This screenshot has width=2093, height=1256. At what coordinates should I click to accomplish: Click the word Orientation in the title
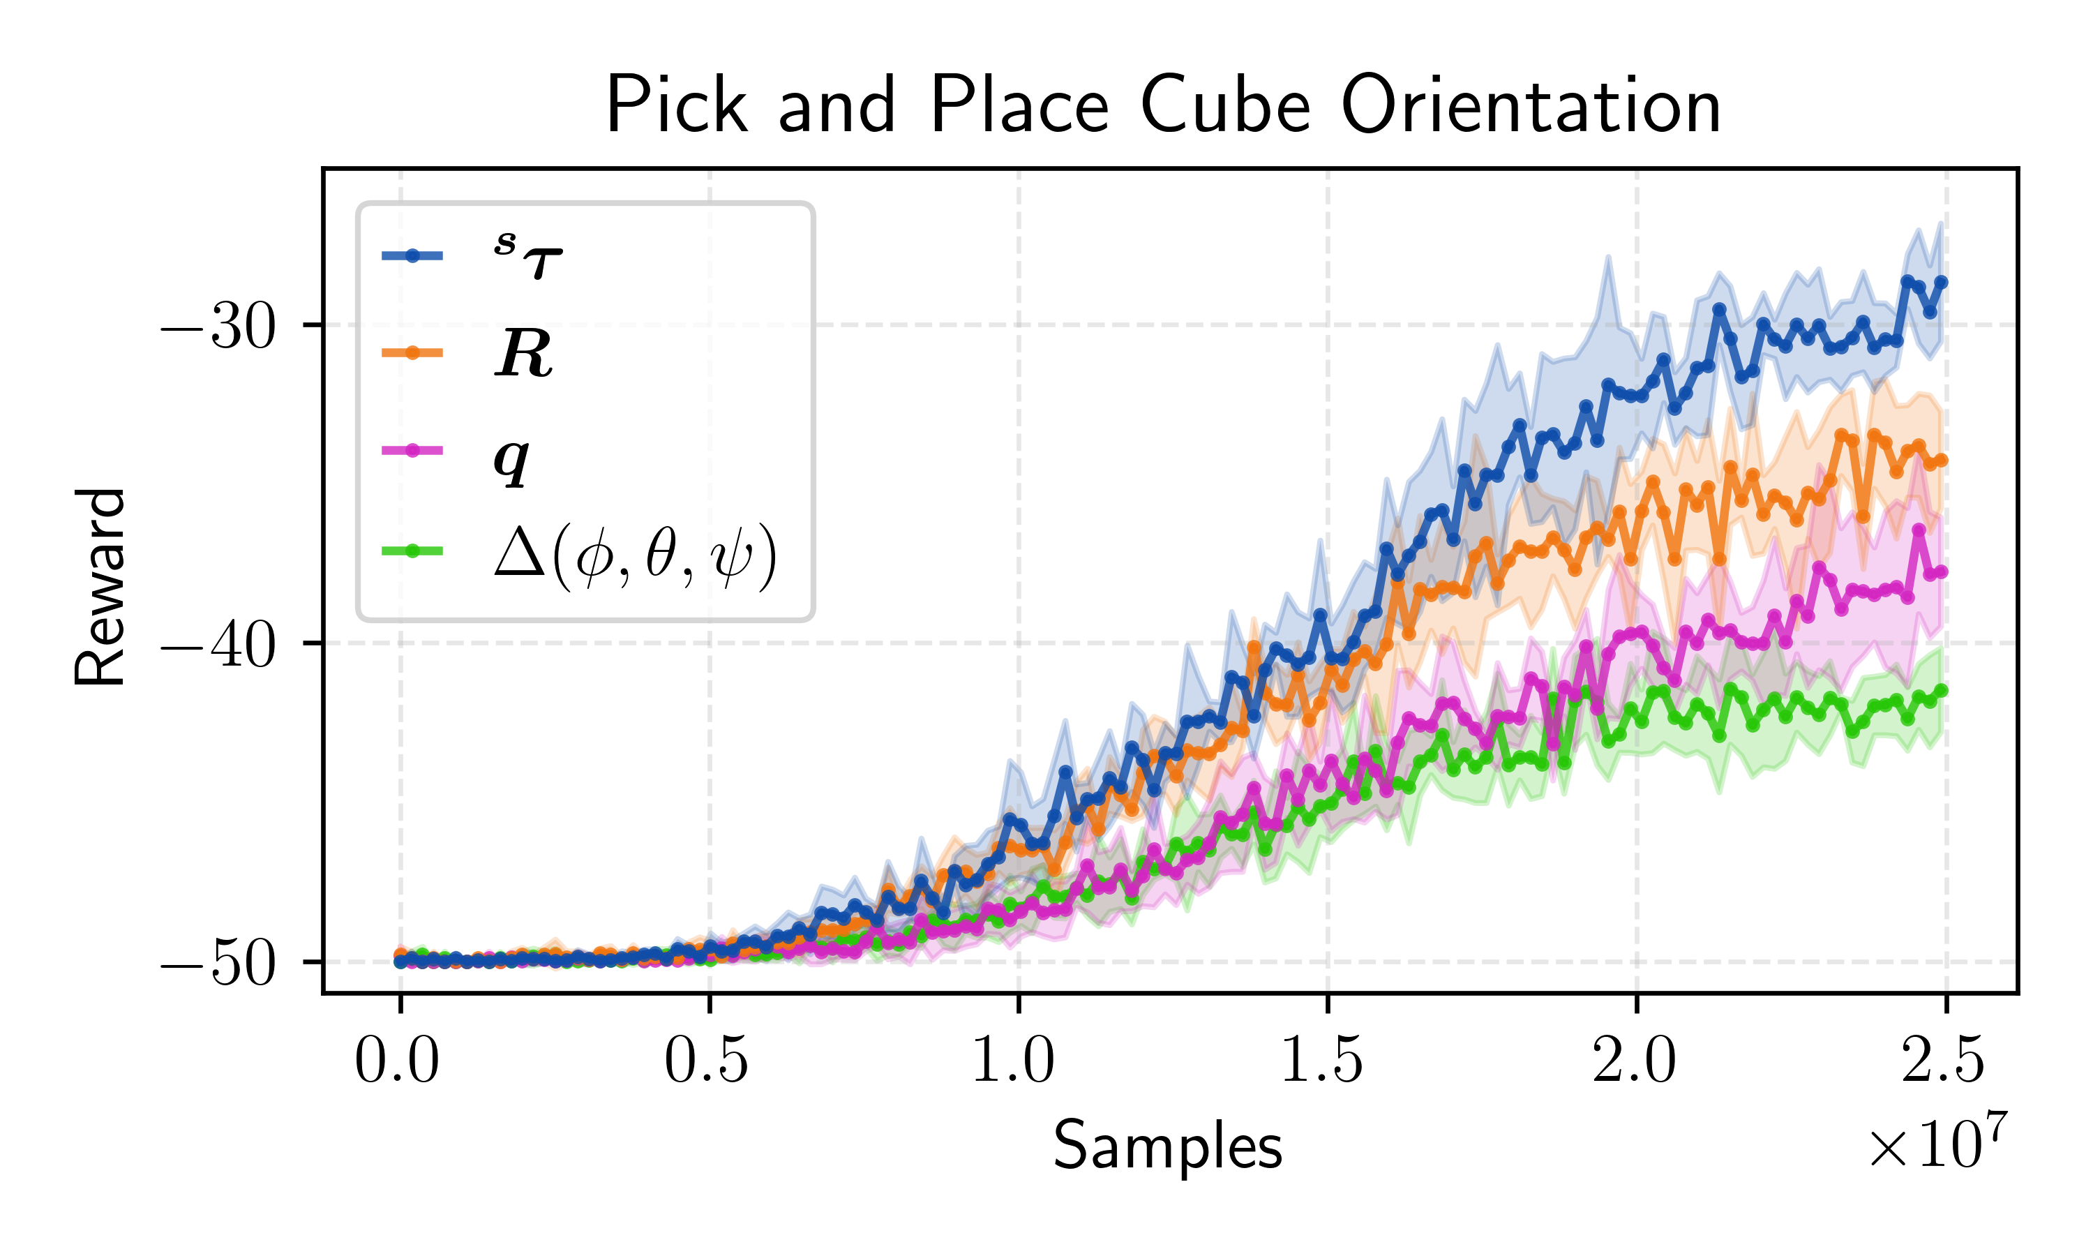[1531, 107]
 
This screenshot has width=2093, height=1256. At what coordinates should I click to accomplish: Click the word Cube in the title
[1226, 107]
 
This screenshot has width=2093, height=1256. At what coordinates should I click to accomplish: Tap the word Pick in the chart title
[677, 107]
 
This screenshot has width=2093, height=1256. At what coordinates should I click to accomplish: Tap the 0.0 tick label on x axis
[397, 1061]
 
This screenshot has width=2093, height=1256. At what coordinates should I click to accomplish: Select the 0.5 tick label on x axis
[707, 1061]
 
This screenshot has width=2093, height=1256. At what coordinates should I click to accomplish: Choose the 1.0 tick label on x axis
[1014, 1061]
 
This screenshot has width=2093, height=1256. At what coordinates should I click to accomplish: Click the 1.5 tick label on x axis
[1323, 1061]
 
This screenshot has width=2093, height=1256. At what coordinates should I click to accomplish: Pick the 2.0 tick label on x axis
[1634, 1061]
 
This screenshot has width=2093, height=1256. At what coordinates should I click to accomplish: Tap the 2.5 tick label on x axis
[1942, 1061]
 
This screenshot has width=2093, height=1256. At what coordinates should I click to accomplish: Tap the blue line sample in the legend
[413, 255]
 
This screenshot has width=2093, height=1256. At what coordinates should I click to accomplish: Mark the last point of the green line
[1942, 691]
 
